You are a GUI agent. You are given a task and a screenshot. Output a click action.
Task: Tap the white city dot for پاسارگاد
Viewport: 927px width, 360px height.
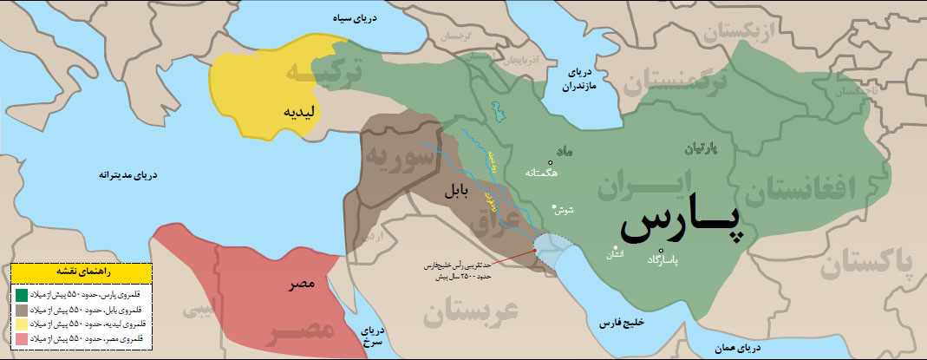pos(662,252)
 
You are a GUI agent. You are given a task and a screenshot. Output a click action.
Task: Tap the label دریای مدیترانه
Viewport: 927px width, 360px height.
pos(130,175)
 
